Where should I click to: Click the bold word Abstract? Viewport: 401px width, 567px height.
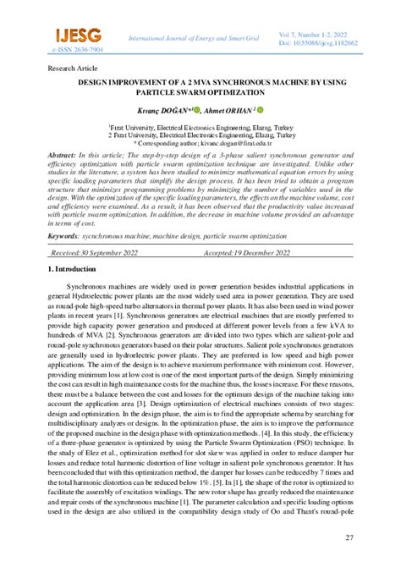coord(62,157)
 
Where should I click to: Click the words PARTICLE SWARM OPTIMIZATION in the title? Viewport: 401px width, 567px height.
coord(201,92)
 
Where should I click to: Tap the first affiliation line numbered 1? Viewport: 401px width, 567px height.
coord(201,124)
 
